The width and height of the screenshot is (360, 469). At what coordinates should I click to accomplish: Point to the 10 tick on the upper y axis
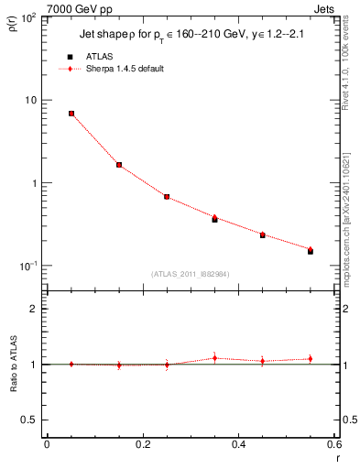click(35, 100)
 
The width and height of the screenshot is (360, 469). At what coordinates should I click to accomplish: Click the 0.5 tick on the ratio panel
click(31, 420)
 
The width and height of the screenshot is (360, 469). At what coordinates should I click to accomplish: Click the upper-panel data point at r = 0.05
click(71, 114)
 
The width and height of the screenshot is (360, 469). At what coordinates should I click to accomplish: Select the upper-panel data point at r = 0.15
click(119, 165)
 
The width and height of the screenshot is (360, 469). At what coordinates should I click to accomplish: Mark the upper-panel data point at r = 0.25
click(167, 197)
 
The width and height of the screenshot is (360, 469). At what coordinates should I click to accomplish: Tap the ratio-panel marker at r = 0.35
click(214, 358)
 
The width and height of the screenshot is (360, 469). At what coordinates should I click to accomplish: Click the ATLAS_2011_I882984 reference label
click(190, 274)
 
